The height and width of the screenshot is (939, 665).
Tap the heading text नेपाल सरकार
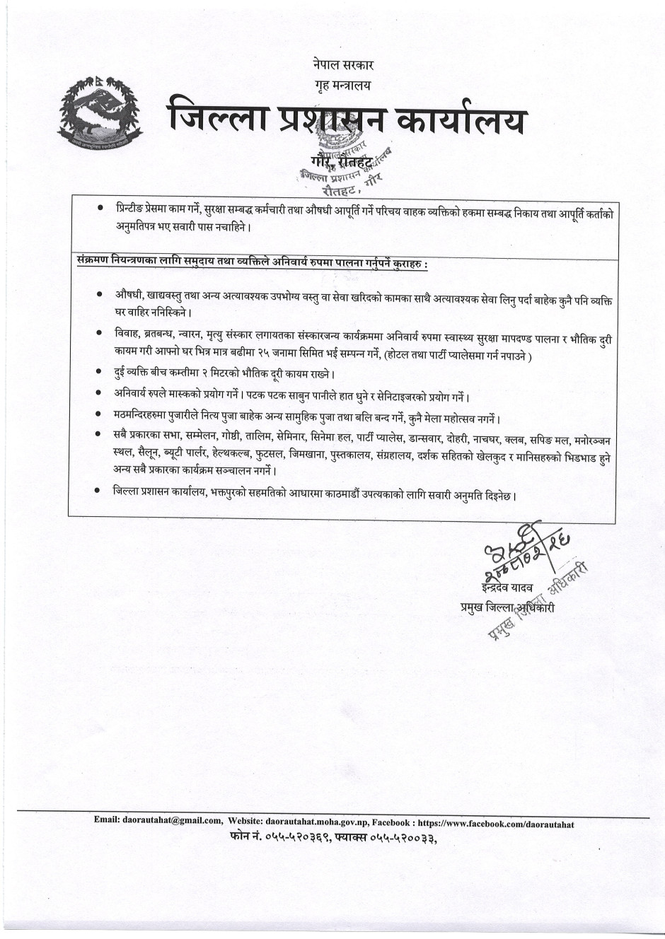[343, 64]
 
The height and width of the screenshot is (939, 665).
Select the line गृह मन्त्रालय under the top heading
[343, 85]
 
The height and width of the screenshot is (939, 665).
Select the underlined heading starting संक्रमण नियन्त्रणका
[253, 264]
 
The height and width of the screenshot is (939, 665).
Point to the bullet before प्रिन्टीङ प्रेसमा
[100, 209]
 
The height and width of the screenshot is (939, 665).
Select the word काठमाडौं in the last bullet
[340, 496]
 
